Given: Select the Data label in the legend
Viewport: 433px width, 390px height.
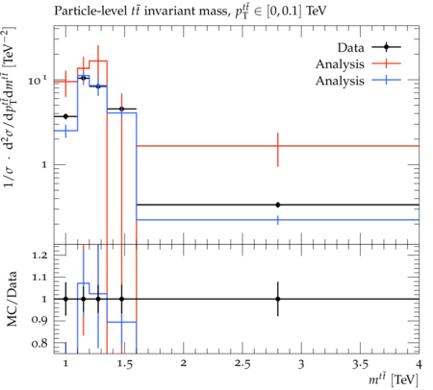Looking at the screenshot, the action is pyautogui.click(x=350, y=48).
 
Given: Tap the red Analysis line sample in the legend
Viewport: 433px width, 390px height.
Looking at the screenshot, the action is pyautogui.click(x=387, y=63).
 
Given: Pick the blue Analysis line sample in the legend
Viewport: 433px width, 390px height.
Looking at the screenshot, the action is pyautogui.click(x=387, y=80).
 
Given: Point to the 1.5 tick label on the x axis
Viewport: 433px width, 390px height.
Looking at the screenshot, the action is pyautogui.click(x=125, y=364).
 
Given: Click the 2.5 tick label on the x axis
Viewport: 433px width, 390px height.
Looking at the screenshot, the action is pyautogui.click(x=242, y=364).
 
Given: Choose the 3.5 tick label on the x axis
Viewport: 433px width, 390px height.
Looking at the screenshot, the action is pyautogui.click(x=360, y=364).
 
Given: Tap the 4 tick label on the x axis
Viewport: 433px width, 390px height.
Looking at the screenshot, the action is pyautogui.click(x=419, y=364).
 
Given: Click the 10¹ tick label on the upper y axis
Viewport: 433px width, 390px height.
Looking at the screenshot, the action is pyautogui.click(x=38, y=80).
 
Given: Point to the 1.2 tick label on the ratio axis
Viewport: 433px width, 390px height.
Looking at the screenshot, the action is pyautogui.click(x=39, y=256).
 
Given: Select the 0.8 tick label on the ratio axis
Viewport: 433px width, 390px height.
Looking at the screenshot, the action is pyautogui.click(x=39, y=344).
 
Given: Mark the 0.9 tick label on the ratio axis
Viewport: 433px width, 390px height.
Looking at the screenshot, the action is pyautogui.click(x=39, y=320).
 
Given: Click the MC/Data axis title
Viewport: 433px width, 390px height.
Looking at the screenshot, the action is pyautogui.click(x=12, y=299).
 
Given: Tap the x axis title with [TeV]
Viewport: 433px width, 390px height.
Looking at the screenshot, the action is pyautogui.click(x=394, y=380).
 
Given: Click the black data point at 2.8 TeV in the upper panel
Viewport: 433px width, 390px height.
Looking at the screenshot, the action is pyautogui.click(x=278, y=205).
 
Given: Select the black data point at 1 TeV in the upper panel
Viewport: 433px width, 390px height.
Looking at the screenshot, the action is pyautogui.click(x=65, y=116).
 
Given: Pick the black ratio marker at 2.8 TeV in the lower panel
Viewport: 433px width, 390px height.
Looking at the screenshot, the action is pyautogui.click(x=278, y=299).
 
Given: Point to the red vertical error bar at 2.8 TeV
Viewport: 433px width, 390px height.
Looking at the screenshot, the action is pyautogui.click(x=278, y=150).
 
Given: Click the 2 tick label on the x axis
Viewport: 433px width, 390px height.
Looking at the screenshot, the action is pyautogui.click(x=184, y=364).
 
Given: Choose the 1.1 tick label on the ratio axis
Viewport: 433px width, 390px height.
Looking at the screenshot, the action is pyautogui.click(x=39, y=277).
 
